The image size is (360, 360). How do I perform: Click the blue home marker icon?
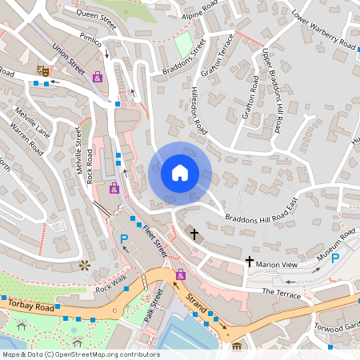coord(180,173)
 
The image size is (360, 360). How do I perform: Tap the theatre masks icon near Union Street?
coord(44,71)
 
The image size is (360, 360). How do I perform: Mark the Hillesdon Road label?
coord(195,111)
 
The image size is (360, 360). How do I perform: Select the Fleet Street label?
coord(153,239)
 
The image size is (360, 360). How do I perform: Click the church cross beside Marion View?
coord(249,262)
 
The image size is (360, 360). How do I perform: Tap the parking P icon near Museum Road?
coord(336,258)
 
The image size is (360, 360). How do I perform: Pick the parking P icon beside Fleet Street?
coord(124,239)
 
